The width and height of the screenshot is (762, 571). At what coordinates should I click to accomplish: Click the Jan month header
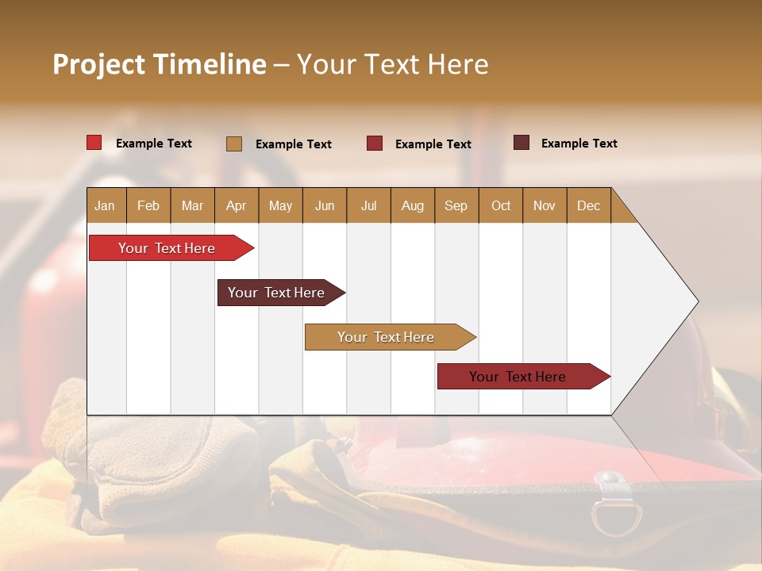tap(105, 205)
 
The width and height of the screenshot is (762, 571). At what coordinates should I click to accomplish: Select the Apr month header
tap(236, 205)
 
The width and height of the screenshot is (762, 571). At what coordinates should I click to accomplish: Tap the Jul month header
tap(368, 205)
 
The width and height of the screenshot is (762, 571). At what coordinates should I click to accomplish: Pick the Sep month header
tap(456, 205)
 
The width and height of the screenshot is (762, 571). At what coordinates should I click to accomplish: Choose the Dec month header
tap(588, 205)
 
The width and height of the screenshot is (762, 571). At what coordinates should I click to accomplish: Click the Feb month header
tap(148, 205)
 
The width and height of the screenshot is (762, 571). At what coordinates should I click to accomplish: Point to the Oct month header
tap(501, 205)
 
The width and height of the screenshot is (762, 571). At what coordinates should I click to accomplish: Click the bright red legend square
tap(94, 143)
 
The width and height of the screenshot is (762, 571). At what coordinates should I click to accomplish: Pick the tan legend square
tap(233, 144)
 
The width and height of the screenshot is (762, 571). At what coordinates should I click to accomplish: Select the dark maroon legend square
tap(521, 143)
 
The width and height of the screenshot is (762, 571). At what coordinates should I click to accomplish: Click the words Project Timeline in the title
tap(159, 64)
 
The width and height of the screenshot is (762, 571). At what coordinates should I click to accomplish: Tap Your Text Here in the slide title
tap(392, 64)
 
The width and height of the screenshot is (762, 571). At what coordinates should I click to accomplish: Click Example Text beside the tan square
tap(293, 144)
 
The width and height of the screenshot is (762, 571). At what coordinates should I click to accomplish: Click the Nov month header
tap(545, 205)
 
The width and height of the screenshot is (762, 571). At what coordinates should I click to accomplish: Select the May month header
tap(280, 205)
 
